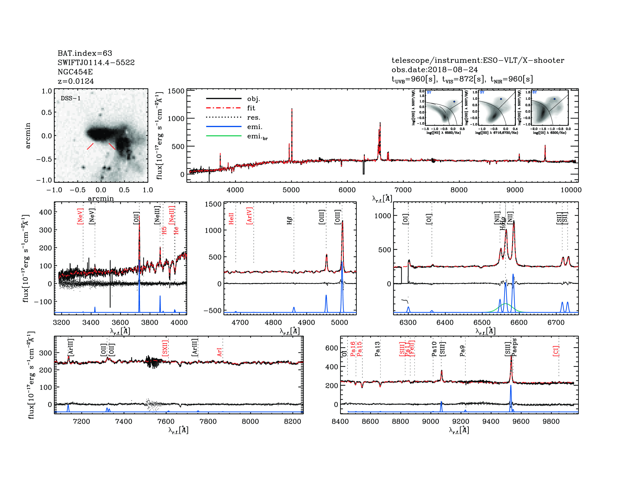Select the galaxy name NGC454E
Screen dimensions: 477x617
pos(75,72)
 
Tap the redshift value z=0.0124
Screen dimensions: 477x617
pos(76,81)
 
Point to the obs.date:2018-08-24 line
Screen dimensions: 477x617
pos(435,70)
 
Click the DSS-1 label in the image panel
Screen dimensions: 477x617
pos(71,98)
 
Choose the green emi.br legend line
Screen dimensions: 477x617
pos(224,136)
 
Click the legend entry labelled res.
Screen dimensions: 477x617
pos(253,117)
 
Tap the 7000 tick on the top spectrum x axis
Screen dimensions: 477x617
pos(403,190)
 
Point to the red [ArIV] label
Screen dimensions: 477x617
pos(249,216)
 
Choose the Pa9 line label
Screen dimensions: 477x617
pos(462,351)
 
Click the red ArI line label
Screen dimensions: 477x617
pos(220,352)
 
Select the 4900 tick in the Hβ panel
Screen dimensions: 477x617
pos(306,322)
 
